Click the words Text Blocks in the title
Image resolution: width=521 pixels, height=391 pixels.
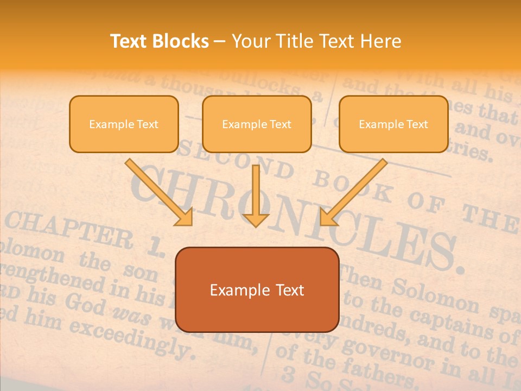pyautogui.click(x=160, y=41)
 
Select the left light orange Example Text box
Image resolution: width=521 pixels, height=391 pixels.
pyautogui.click(x=124, y=124)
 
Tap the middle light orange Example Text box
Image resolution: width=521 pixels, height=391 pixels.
pyautogui.click(x=257, y=124)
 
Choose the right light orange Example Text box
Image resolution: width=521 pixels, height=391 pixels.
pyautogui.click(x=393, y=124)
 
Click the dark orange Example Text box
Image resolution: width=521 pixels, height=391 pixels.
pyautogui.click(x=257, y=290)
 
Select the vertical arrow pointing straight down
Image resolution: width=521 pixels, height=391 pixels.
pyautogui.click(x=256, y=195)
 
